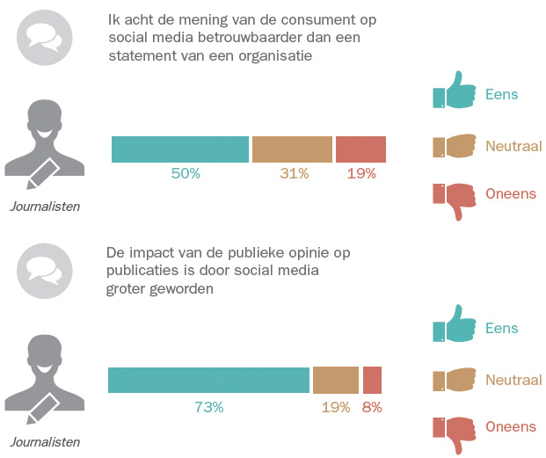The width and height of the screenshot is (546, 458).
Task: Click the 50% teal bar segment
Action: click(180, 149)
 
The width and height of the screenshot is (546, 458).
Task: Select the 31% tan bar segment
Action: click(292, 149)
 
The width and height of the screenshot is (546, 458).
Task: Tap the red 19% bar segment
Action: click(360, 149)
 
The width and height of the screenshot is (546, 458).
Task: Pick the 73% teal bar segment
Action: click(208, 380)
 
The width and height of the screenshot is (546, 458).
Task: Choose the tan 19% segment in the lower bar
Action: click(335, 380)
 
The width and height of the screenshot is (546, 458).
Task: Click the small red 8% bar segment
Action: click(372, 380)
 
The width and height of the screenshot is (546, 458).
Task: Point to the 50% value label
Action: click(186, 173)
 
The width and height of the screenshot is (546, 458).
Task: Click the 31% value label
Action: click(294, 173)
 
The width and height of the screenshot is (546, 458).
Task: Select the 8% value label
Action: click(372, 407)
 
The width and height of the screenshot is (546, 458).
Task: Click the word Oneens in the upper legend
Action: click(511, 193)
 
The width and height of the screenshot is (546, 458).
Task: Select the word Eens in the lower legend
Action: click(501, 328)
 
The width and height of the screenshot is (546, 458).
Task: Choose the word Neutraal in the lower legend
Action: click(514, 379)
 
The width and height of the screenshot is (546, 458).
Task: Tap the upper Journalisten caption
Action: click(45, 207)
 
